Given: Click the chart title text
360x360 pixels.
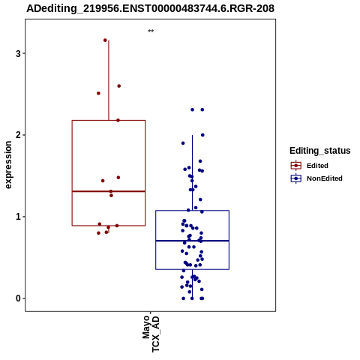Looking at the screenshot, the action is pos(151,9).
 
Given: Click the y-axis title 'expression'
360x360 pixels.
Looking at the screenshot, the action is pos(8,165).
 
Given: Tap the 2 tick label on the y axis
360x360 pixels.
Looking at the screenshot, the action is pos(18,135).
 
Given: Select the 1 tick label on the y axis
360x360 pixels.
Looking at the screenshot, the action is pos(18,217).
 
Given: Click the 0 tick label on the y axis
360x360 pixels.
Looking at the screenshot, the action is pos(18,298).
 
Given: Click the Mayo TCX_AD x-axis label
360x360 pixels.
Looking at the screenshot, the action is pos(151,334).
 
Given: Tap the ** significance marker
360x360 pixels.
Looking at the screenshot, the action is pos(151,31).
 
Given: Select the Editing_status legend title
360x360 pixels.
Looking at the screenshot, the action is pos(320,151).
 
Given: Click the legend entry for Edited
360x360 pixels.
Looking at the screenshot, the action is pos(317,166).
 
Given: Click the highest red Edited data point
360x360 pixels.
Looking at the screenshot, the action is pos(105,40).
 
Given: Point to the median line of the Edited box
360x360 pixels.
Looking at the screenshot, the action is pos(109,191).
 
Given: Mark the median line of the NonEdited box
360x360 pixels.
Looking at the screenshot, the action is pos(193,241).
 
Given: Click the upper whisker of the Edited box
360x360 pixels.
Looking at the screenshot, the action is pos(109,80).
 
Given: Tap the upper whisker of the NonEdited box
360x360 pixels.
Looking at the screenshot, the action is pos(193,172).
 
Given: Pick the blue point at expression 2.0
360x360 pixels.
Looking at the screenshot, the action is pos(202,135).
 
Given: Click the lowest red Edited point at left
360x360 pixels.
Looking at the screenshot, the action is pos(98,233).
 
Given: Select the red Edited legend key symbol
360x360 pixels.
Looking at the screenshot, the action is pos(296,166).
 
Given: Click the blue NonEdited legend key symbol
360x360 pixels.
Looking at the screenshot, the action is pos(296,178).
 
